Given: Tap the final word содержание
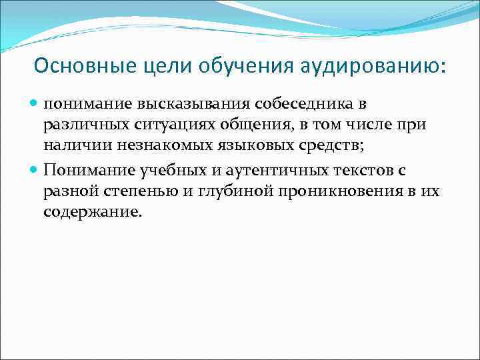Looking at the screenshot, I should pyautogui.click(x=93, y=213).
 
